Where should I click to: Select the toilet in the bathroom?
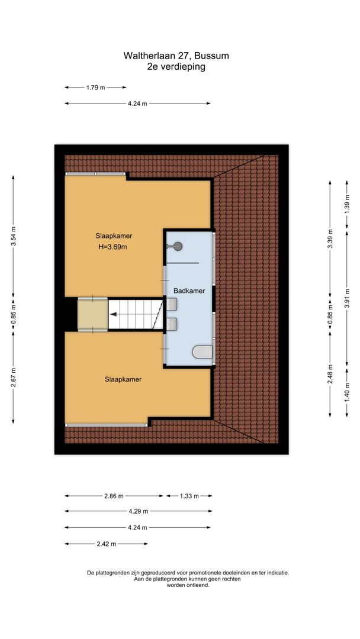pos(202,352)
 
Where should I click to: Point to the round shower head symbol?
pos(178,247)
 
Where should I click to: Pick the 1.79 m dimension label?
pos(95,88)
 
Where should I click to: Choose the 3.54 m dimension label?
pos(13,235)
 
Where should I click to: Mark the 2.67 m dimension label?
pos(13,377)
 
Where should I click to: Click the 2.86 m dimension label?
pos(114,496)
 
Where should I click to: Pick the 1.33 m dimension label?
pos(189,496)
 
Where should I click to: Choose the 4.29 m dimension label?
pos(138,511)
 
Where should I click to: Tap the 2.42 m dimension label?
pos(107,544)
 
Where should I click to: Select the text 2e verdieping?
pos(176,67)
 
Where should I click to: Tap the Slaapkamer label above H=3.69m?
pos(112,235)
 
